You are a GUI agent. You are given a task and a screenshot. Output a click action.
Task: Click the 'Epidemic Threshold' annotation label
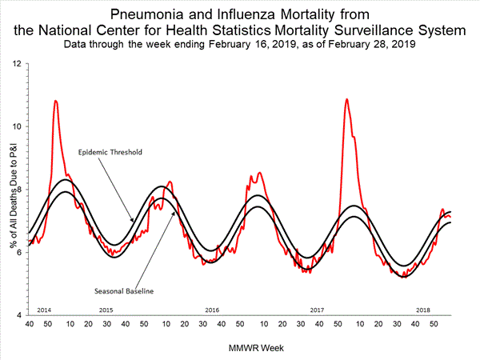pyautogui.click(x=110, y=150)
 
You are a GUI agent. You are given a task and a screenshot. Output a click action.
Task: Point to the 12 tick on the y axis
pyautogui.click(x=18, y=62)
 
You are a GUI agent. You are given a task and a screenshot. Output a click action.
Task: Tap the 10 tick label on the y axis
pyautogui.click(x=18, y=126)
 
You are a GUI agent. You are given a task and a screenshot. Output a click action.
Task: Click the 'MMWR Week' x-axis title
pyautogui.click(x=239, y=348)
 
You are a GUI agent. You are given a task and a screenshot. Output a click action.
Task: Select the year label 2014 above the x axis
pyautogui.click(x=46, y=309)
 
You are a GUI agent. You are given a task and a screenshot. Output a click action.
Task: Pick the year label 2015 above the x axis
pyautogui.click(x=106, y=309)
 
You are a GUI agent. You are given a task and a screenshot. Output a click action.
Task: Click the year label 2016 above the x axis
pyautogui.click(x=212, y=309)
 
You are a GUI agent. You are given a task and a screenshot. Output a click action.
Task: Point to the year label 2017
pyautogui.click(x=317, y=309)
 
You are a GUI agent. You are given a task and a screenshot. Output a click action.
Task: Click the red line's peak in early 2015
pyautogui.click(x=55, y=101)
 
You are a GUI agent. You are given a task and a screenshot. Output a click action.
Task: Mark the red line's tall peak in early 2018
pyautogui.click(x=346, y=99)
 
